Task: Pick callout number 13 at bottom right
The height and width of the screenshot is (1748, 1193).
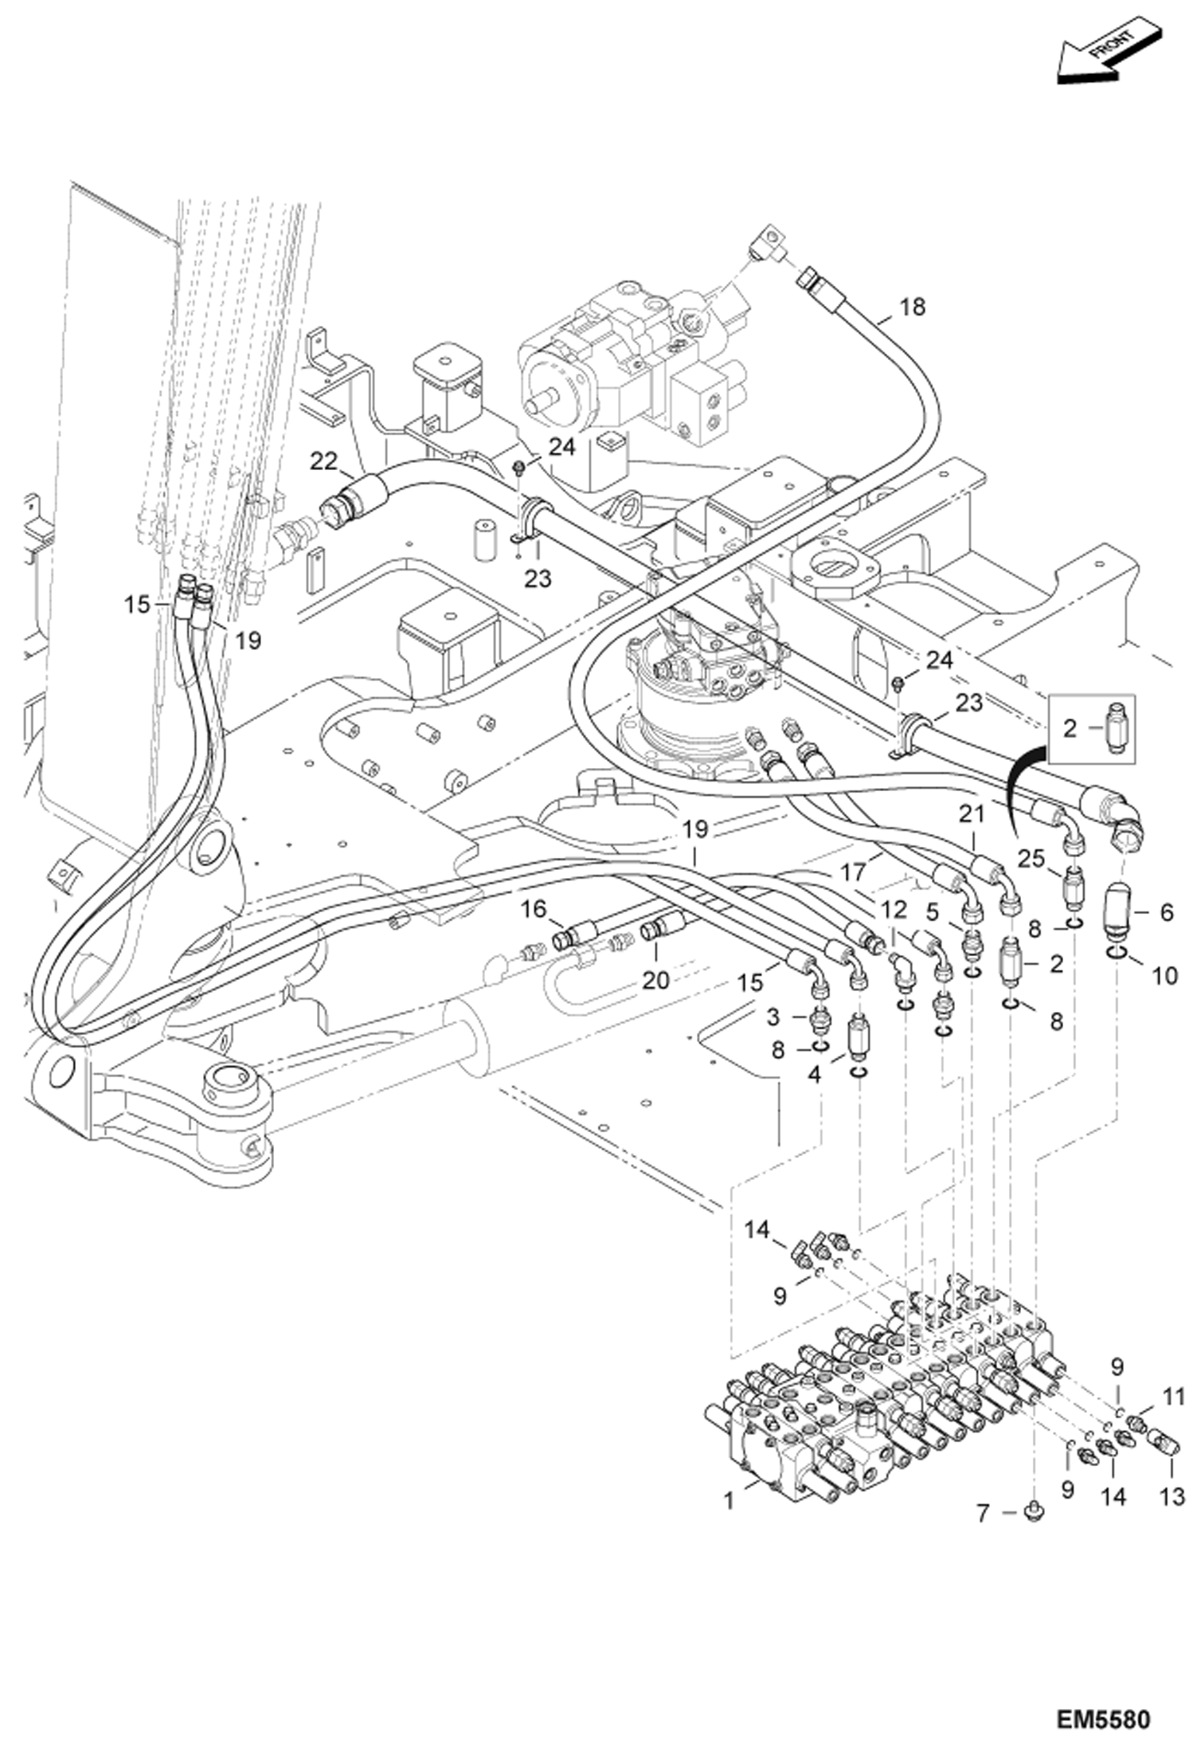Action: click(1172, 1497)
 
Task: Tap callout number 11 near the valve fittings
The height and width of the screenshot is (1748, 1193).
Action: click(1174, 1396)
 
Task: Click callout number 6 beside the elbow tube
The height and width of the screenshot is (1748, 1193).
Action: click(1166, 912)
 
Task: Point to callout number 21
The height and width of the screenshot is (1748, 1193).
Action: click(972, 813)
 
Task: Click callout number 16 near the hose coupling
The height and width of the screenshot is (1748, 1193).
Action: click(535, 909)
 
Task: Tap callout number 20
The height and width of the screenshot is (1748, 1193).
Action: click(655, 979)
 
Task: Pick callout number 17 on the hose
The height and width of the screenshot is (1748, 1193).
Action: click(853, 872)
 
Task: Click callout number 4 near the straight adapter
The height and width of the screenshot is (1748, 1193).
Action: click(813, 1075)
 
